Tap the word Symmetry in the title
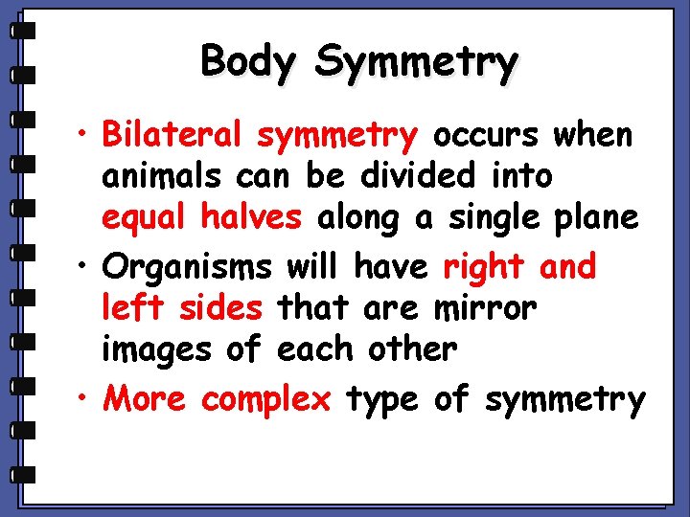coord(416,63)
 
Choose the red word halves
coord(251,217)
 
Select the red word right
coord(485,266)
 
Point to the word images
coord(156,350)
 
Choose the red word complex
coord(265,398)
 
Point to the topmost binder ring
coord(23,31)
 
